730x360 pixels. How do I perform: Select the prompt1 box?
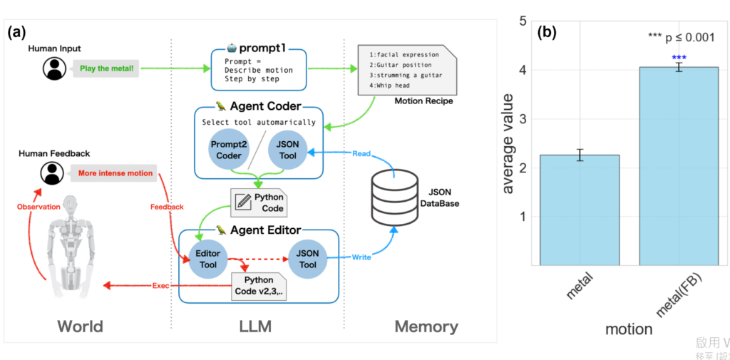[x=258, y=68]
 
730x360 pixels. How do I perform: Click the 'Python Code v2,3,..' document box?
[x=258, y=286]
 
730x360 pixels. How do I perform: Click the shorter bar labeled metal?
[x=580, y=210]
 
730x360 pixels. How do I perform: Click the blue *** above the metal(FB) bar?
[x=679, y=58]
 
